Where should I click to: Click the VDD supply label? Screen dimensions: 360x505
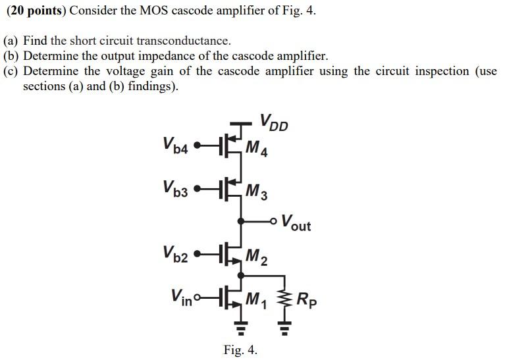click(x=274, y=123)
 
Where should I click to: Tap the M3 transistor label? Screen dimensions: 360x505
click(x=256, y=192)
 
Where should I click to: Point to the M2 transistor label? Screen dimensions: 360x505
click(x=256, y=257)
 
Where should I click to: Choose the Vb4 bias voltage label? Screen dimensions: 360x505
click(x=175, y=145)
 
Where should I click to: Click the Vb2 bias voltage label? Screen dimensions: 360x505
click(x=175, y=253)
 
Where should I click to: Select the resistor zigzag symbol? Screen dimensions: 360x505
click(x=285, y=300)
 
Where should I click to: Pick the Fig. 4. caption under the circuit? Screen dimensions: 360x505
click(x=240, y=349)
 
